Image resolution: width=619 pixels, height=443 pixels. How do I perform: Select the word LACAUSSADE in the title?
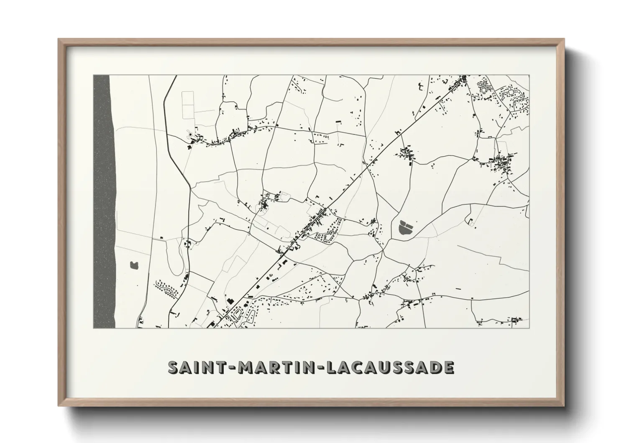coord(390,367)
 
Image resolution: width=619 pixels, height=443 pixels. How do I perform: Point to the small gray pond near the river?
coord(134,265)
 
